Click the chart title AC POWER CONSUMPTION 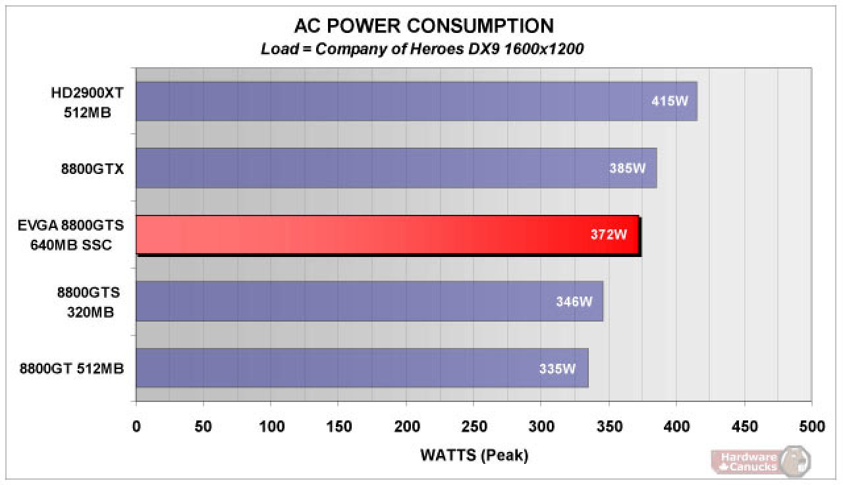[x=423, y=26]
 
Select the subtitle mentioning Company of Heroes [x=422, y=49]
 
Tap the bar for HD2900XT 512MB [x=417, y=101]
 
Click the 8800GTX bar [x=396, y=168]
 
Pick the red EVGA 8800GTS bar [x=389, y=235]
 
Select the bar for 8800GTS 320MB [x=369, y=301]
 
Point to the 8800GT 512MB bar [x=362, y=368]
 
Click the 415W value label [x=670, y=101]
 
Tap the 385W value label [x=628, y=168]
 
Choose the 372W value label [x=609, y=235]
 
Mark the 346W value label [x=574, y=302]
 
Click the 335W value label [x=557, y=368]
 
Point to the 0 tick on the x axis [x=136, y=426]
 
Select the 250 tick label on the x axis [x=474, y=426]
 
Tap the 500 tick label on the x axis [x=812, y=426]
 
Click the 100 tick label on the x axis [x=271, y=426]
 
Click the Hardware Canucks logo [x=760, y=461]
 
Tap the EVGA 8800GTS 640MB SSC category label [x=70, y=235]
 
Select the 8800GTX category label [x=92, y=169]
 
